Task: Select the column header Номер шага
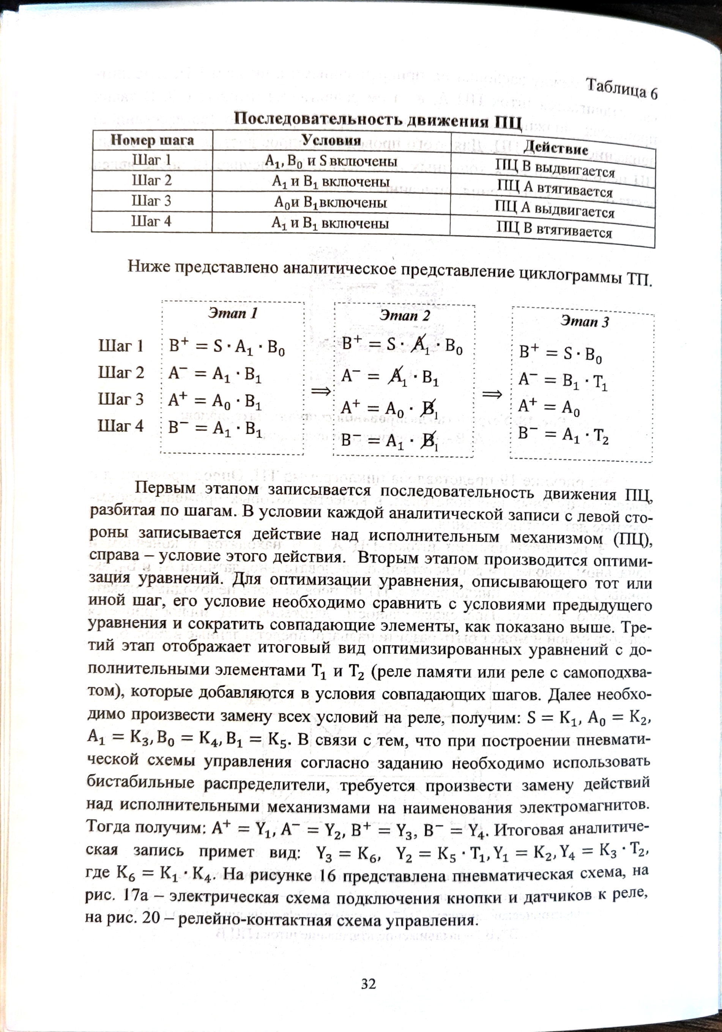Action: (x=152, y=140)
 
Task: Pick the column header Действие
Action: (x=556, y=148)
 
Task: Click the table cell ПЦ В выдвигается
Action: (x=555, y=169)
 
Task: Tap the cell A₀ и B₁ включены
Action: (x=331, y=203)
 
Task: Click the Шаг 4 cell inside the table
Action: (x=151, y=221)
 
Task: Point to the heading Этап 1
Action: (x=233, y=313)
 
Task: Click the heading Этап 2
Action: (x=404, y=316)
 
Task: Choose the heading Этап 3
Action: (x=585, y=322)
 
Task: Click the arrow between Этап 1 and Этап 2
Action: (x=321, y=392)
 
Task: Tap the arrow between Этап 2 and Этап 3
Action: (x=492, y=395)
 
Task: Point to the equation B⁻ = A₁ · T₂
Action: (x=563, y=435)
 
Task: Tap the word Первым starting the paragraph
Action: (x=165, y=488)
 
